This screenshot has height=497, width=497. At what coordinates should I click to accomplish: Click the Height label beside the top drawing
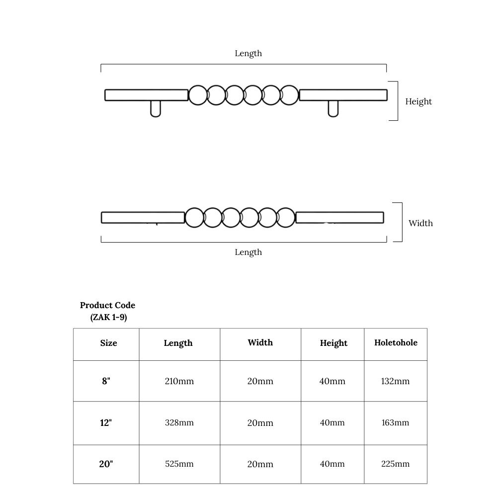(x=418, y=102)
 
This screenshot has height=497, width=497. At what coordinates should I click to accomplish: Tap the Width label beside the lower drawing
(x=420, y=223)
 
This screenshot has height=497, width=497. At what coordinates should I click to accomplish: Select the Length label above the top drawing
(x=248, y=54)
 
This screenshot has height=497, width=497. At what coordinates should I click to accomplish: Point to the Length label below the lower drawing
(x=248, y=252)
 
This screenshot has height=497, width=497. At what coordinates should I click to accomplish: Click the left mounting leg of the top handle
(x=155, y=109)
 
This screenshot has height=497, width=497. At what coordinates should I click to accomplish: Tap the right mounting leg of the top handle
(x=333, y=109)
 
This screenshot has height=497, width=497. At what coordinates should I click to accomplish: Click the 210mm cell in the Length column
(x=179, y=381)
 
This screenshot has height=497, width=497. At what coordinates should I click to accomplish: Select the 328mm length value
(x=179, y=422)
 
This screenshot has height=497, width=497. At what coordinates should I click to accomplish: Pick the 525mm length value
(x=179, y=464)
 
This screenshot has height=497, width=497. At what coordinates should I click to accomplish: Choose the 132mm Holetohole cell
(x=395, y=381)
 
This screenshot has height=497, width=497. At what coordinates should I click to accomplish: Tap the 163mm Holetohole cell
(x=395, y=422)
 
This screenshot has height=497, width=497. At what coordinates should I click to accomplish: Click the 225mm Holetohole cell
(x=395, y=464)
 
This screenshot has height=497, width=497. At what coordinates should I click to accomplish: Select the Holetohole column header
(x=396, y=342)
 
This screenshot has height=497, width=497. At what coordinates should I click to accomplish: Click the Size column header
(x=108, y=343)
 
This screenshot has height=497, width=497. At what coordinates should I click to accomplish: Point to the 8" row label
(x=106, y=381)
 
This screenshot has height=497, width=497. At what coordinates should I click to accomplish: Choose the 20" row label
(x=106, y=464)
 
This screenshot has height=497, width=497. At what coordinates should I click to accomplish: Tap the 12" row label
(x=106, y=422)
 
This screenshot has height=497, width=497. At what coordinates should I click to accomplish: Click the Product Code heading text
(x=107, y=305)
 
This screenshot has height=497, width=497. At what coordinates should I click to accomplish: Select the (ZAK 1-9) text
(x=108, y=317)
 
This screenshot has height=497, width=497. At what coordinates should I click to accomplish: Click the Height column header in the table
(x=333, y=343)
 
